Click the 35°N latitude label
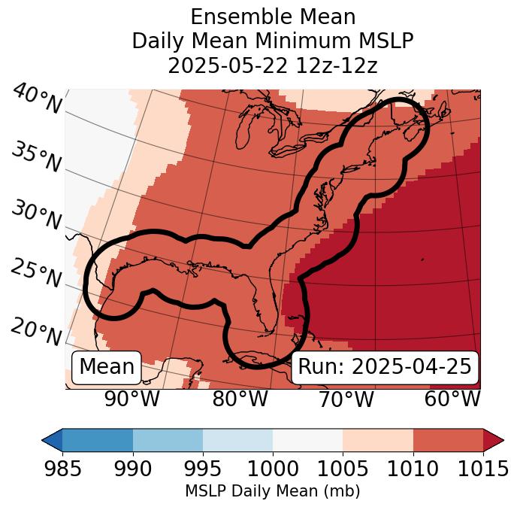point(35,158)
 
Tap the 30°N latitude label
point(35,216)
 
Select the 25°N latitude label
point(35,274)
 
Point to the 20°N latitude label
point(35,331)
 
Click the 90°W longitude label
point(132,399)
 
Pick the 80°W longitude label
point(240,399)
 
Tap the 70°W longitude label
point(345,399)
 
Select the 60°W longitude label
point(452,399)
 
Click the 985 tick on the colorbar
point(62,469)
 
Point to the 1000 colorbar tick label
point(273,469)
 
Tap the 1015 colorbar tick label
point(482,469)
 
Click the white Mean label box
point(107,367)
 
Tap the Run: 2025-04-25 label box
point(385,367)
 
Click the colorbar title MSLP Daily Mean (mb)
point(273,492)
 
